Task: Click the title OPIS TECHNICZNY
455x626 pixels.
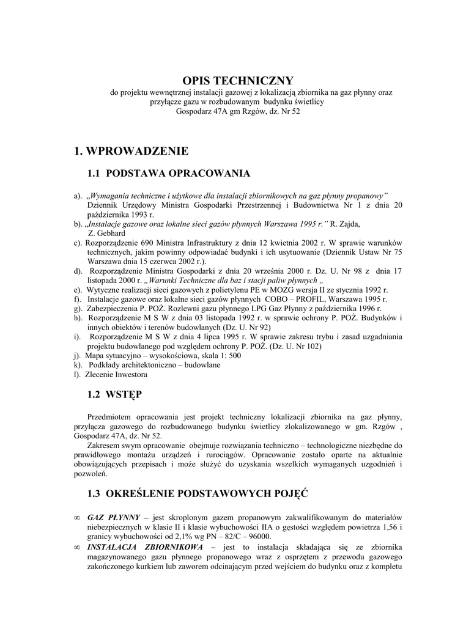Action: [x=230, y=81]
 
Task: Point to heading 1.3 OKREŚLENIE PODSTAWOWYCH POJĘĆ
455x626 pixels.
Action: [x=198, y=493]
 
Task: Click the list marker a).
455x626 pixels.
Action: [x=78, y=196]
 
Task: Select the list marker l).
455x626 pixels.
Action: [x=76, y=374]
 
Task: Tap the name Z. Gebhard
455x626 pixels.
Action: [x=107, y=233]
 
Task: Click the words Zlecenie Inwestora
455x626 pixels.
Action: [x=117, y=374]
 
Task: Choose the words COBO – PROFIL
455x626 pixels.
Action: [x=291, y=299]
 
